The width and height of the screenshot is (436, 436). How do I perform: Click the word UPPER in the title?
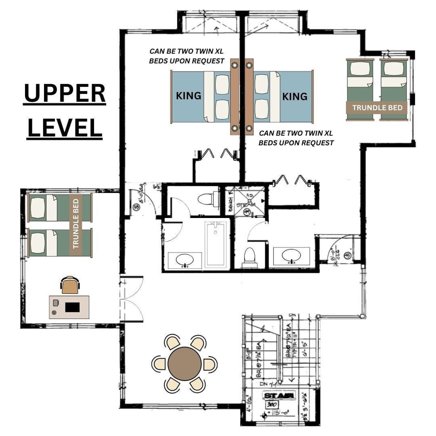[x=64, y=94]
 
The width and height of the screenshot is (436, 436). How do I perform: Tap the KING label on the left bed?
[x=188, y=96]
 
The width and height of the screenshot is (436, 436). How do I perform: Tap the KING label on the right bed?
[x=295, y=96]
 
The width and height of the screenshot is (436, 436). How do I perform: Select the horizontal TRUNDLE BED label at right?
[x=377, y=108]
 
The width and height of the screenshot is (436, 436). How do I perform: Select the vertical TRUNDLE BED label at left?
[x=76, y=223]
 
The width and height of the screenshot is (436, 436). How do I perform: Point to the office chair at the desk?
[x=69, y=285]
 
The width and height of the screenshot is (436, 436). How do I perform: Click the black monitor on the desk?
[x=72, y=307]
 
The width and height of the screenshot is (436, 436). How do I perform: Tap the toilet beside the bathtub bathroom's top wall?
[x=207, y=199]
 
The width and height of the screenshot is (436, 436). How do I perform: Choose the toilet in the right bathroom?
[x=250, y=257]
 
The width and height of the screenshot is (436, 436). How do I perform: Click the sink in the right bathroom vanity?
[x=291, y=256]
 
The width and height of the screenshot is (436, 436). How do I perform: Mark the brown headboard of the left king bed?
[x=235, y=97]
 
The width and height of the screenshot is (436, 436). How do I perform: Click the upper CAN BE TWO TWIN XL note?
[x=187, y=56]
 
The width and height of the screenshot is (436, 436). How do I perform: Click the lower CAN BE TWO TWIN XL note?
[x=296, y=138]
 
